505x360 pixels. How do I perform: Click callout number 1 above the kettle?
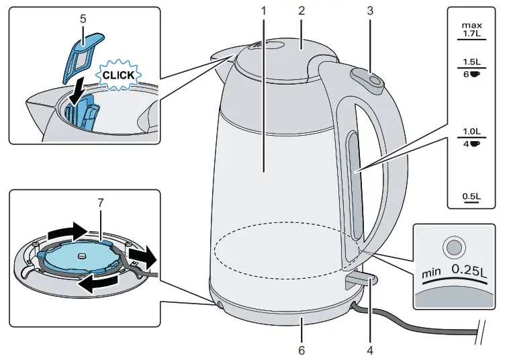264,11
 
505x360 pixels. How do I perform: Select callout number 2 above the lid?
302,11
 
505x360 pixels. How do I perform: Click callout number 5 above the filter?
83,19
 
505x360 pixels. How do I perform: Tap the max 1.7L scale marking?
471,29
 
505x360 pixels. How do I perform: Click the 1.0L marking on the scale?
471,132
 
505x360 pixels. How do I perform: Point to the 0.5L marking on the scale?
471,196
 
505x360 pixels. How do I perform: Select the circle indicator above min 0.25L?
455,247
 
